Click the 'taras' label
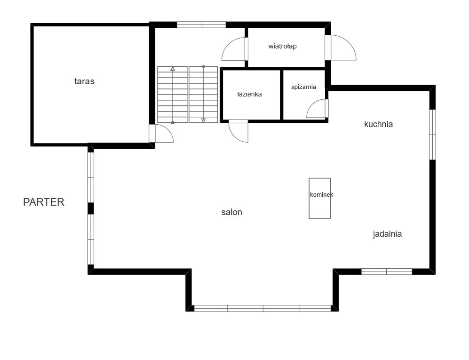pos(84,81)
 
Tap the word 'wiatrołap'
pos(282,46)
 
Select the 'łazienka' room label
pos(249,94)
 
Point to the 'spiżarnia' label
pos(303,87)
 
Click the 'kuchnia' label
pos(378,124)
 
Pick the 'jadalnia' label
pos(387,234)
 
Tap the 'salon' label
pos(231,212)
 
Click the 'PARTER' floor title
pos(44,202)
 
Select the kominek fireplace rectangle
pos(320,198)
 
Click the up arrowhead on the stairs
pos(173,69)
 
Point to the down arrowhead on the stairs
pos(203,120)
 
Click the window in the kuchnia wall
pos(432,135)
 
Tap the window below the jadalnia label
pos(387,272)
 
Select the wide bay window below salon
pos(262,308)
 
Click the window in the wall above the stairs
pos(201,24)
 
